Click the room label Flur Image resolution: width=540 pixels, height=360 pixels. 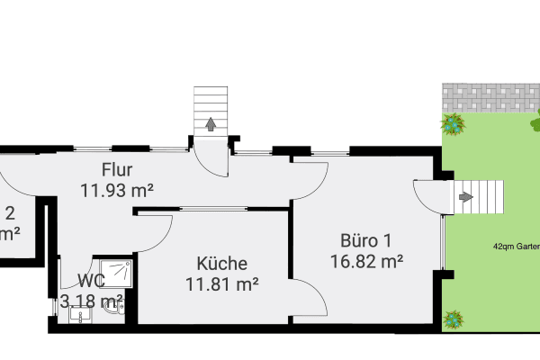pos(118,169)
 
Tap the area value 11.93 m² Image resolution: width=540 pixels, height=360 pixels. pos(118,190)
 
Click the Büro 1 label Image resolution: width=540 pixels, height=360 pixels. pos(365,240)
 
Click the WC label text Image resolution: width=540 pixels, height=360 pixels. pos(90,281)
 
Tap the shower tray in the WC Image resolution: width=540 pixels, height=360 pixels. pos(115,269)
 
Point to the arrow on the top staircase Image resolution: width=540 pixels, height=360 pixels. pos(211,124)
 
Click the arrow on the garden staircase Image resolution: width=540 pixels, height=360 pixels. pos(465,196)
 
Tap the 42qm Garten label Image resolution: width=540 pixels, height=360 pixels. pos(515,245)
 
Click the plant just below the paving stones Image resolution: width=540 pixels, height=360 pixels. pos(453,122)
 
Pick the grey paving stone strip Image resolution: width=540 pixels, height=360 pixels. pos(490,95)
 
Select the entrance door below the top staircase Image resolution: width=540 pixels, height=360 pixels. pos(212,158)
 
